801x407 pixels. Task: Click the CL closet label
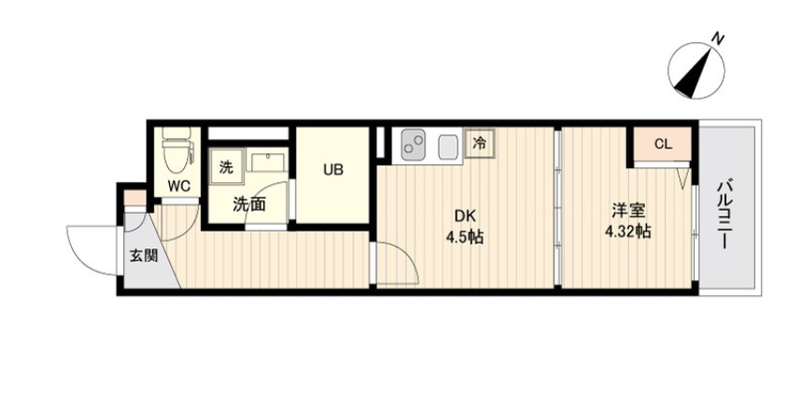(663, 145)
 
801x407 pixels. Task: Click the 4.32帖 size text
(626, 232)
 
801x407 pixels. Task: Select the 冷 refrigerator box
(480, 144)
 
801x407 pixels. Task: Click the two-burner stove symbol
(414, 145)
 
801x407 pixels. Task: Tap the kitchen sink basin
(448, 146)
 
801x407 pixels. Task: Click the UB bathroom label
(333, 170)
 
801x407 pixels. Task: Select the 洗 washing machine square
(225, 167)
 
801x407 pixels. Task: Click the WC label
(177, 185)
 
